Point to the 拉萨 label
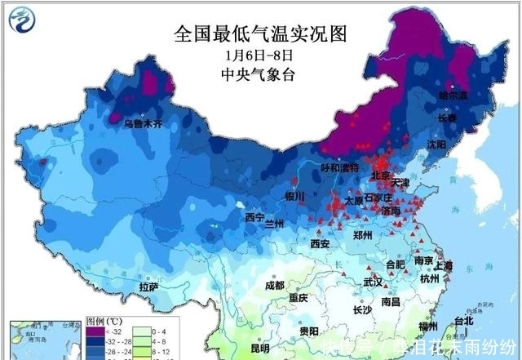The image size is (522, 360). pyautogui.click(x=148, y=287)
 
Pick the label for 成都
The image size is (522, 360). pyautogui.click(x=275, y=285)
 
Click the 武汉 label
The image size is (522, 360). pyautogui.click(x=373, y=282)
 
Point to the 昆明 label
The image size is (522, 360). pyautogui.click(x=260, y=349)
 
